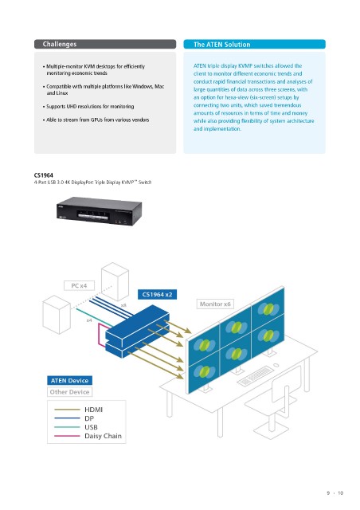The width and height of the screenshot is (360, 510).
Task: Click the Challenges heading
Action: coord(60,45)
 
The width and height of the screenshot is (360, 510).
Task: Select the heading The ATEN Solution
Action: coord(221,45)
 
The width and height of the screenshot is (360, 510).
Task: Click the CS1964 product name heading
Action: coord(44,175)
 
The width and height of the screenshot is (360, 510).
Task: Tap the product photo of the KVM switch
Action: coord(99,210)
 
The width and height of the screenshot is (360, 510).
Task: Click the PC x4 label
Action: coord(79,285)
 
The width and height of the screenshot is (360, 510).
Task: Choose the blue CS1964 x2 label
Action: coord(157,295)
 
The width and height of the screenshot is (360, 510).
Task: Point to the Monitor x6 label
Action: coord(215,304)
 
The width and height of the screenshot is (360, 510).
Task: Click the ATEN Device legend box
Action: coord(69,381)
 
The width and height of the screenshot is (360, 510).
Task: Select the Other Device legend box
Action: coord(69,392)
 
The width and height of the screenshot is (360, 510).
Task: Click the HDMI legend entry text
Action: coord(93,410)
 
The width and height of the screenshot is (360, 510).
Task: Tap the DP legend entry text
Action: coord(89,418)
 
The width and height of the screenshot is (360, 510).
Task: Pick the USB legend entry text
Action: coord(91,427)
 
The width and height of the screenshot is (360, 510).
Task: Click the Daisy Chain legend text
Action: coord(103,436)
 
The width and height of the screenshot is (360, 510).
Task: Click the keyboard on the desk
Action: coord(255,376)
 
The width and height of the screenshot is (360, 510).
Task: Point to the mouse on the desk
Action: coord(276,365)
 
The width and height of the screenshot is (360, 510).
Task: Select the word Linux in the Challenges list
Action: coord(62,93)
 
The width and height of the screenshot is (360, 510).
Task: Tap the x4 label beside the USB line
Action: coord(89,320)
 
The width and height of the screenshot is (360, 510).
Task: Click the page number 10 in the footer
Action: coord(340,493)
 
